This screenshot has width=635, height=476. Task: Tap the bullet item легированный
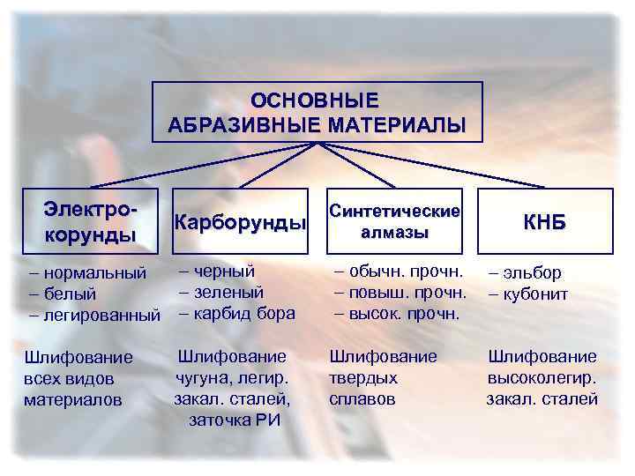point(97,314)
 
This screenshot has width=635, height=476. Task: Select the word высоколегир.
point(542,377)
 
